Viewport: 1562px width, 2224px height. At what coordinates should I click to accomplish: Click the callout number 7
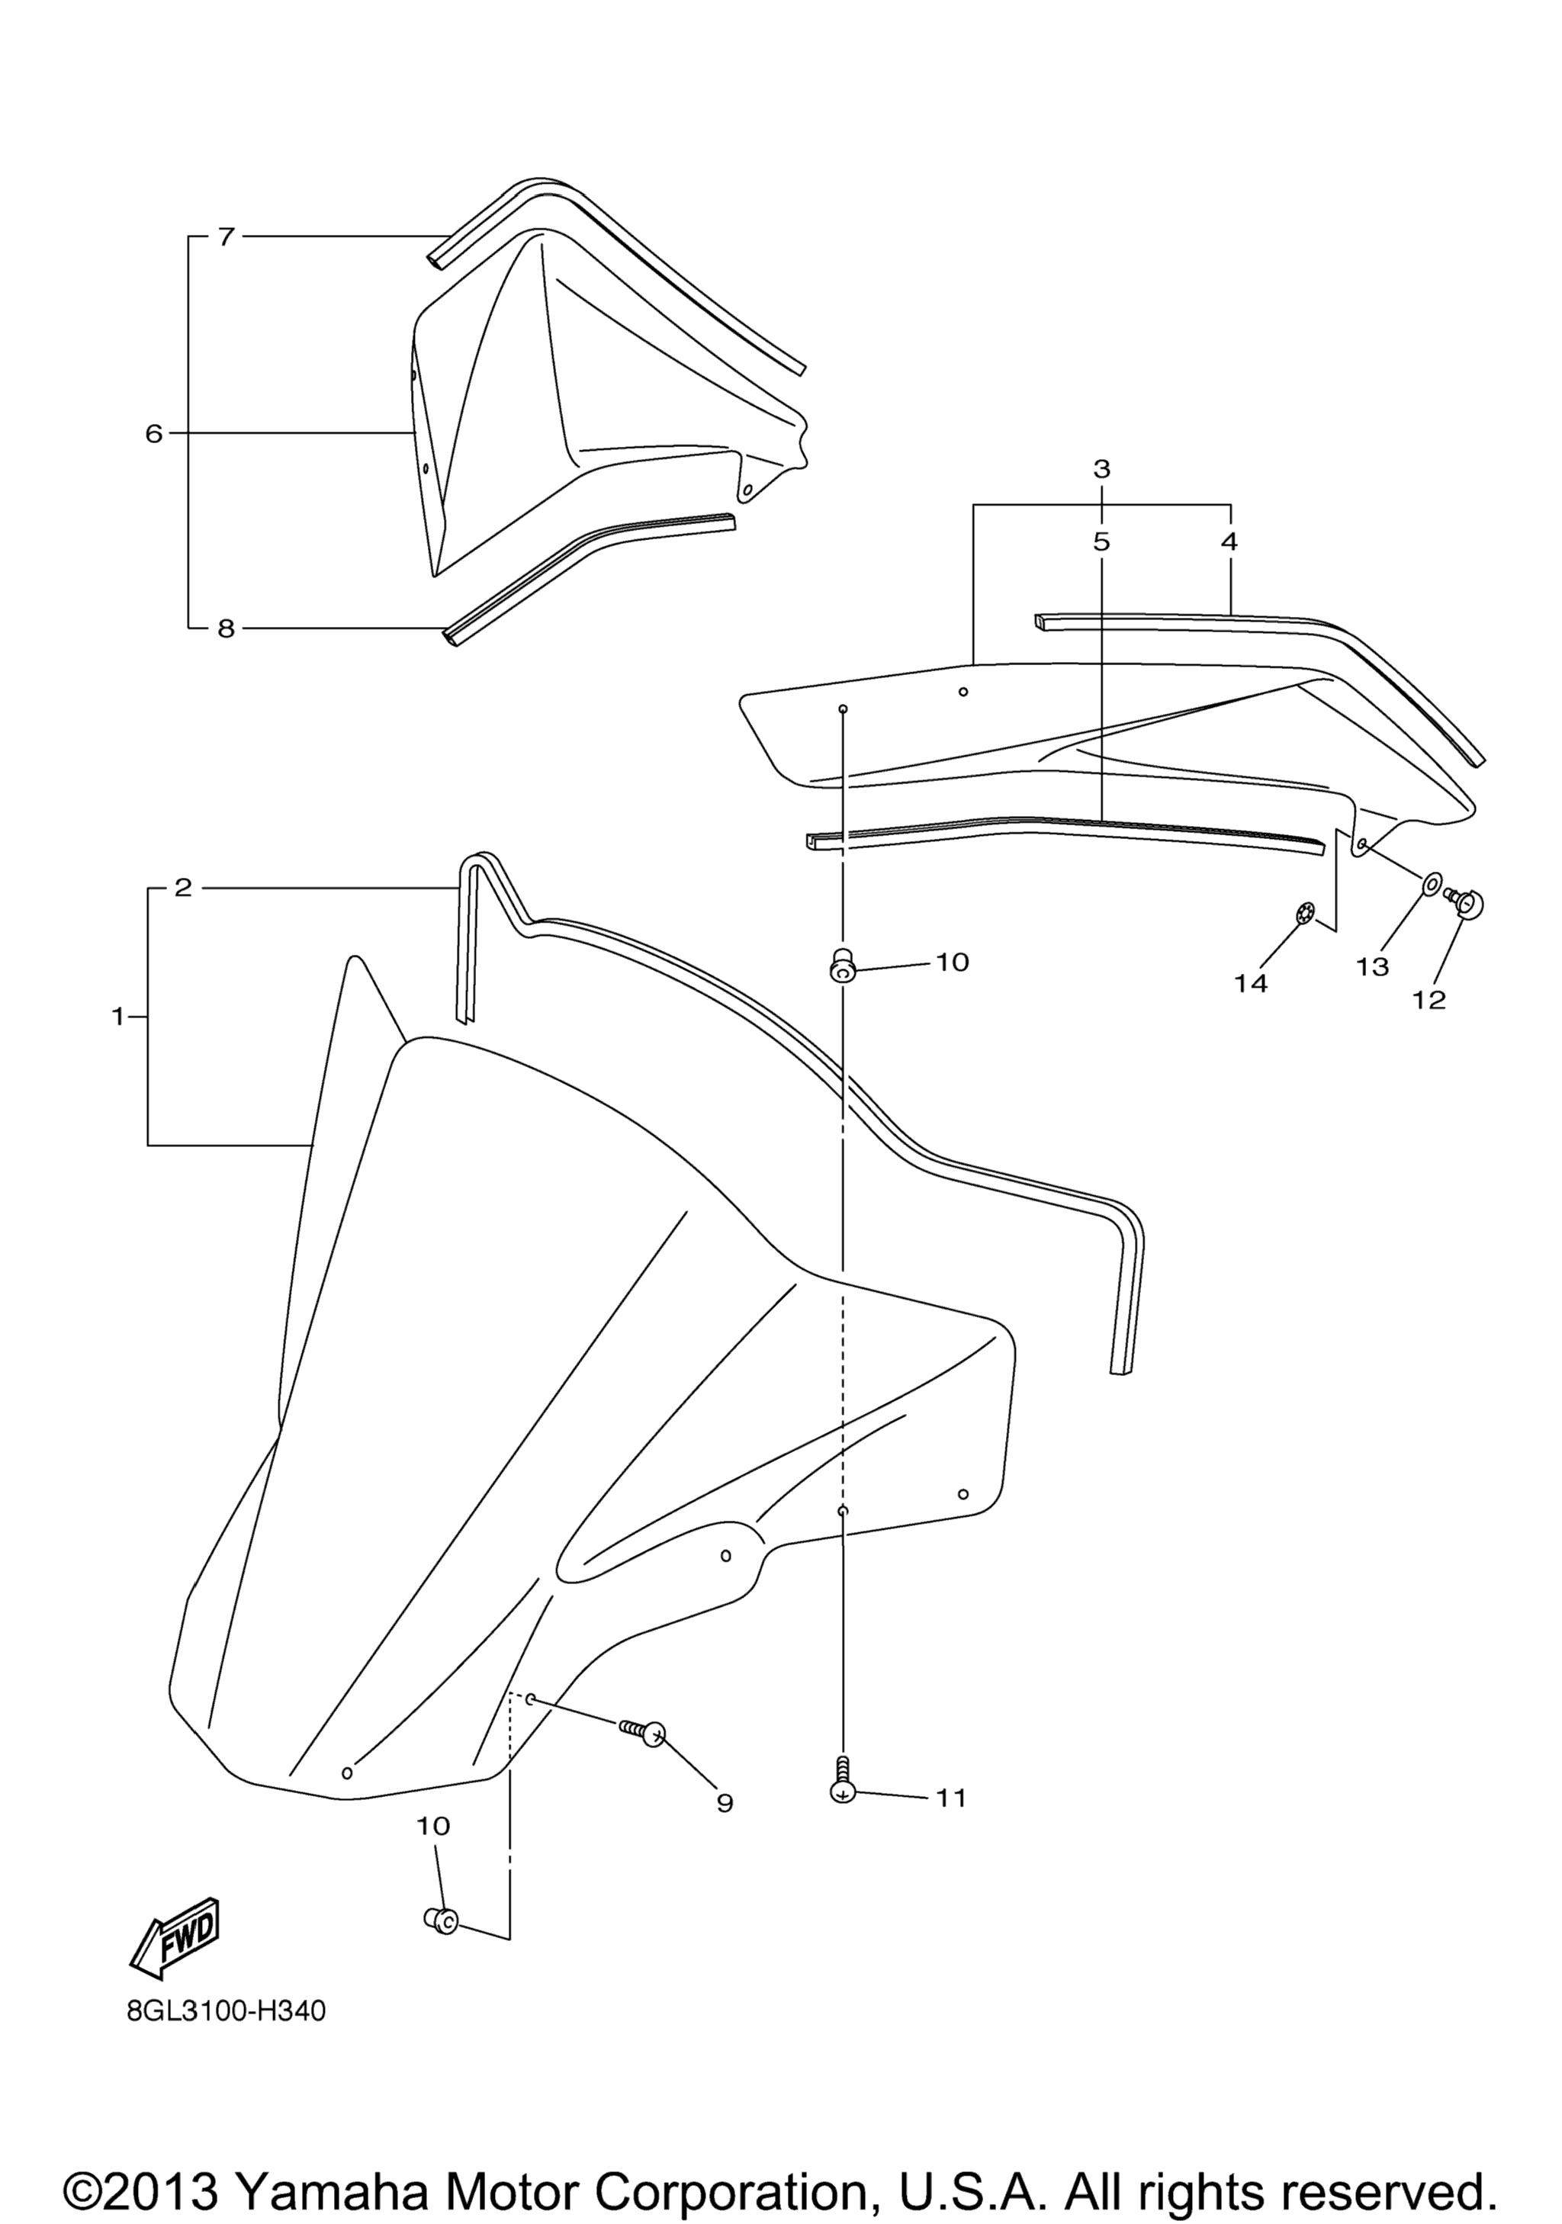pos(226,236)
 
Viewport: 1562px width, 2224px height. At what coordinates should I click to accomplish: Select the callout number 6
pos(154,434)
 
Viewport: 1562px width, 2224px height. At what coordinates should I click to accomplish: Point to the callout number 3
pos(1101,469)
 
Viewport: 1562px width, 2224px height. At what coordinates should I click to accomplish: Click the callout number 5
pos(1101,542)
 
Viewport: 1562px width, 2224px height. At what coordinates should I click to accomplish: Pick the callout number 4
pos(1229,542)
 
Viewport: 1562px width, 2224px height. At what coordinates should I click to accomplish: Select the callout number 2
pos(183,887)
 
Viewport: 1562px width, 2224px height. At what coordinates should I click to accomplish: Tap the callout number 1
pos(118,1016)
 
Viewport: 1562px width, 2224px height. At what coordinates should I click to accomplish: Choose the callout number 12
pos(1429,1000)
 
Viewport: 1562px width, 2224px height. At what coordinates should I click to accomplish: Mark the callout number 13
pos(1372,966)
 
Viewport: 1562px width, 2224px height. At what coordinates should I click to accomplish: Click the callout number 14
pos(1250,983)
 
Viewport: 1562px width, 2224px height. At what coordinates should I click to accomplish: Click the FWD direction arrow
pos(175,1936)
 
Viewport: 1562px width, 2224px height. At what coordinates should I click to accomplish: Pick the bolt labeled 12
pos(1464,903)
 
